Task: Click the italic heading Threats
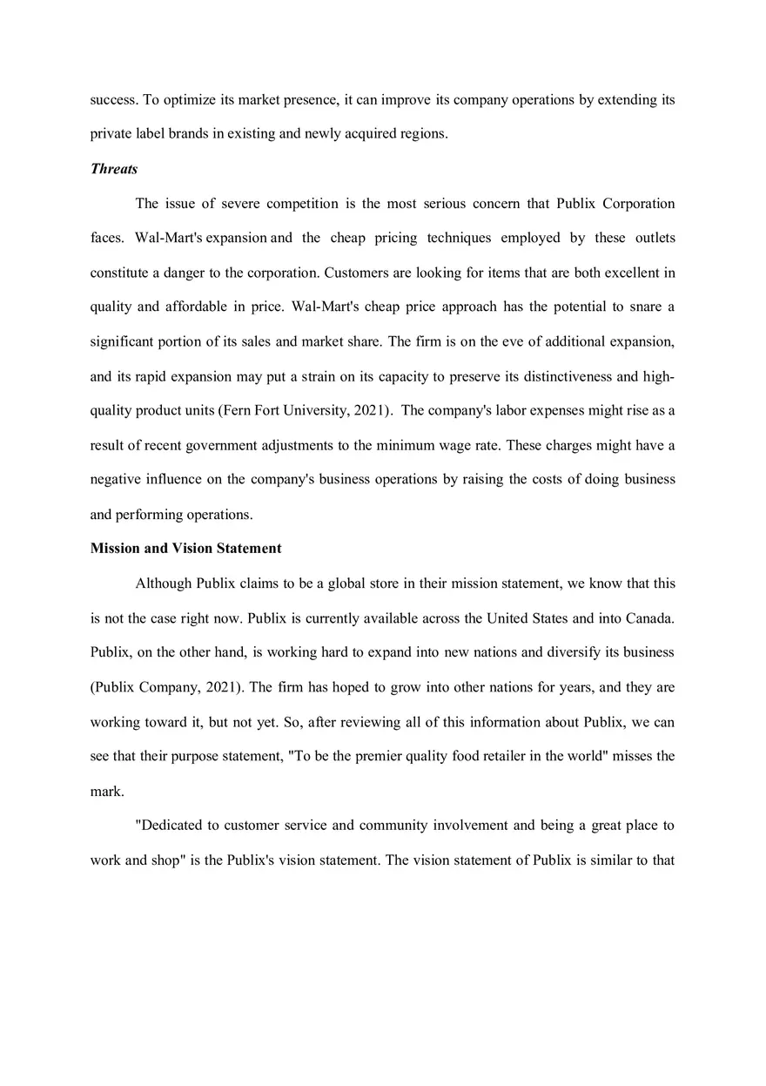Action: point(114,169)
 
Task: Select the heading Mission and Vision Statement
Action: point(185,549)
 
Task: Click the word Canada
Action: point(647,618)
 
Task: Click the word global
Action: point(346,583)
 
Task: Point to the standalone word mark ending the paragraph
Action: point(106,791)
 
